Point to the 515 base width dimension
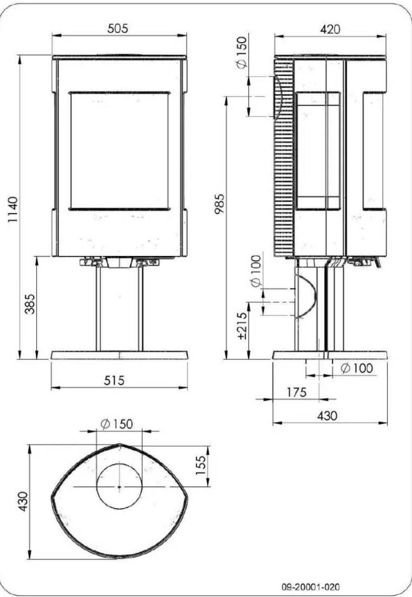coord(114,380)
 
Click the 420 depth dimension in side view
coord(330,29)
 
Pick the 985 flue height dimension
coord(220,204)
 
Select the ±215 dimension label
coord(242,326)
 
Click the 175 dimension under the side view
coord(296,392)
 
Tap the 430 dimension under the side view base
coord(327,416)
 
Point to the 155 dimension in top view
coord(200,465)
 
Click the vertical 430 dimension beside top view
coord(23,502)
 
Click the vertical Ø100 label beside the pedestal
coord(255,271)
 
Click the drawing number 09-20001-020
coord(310,587)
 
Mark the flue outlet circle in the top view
coord(119,486)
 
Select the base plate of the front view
coord(119,355)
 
